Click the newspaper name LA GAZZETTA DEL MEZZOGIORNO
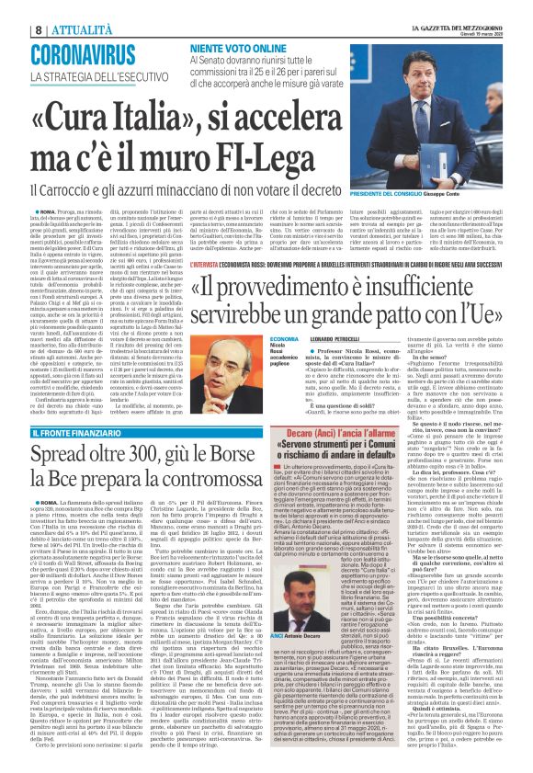pyautogui.click(x=470, y=7)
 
